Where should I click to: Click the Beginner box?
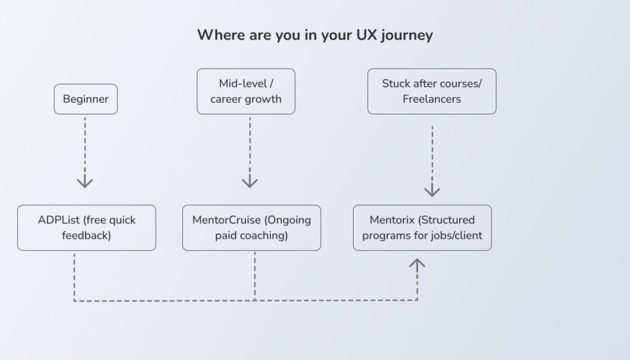[x=86, y=99]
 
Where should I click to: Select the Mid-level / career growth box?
[x=245, y=91]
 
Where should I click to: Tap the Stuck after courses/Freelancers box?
[x=431, y=91]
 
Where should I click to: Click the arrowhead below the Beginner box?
[x=85, y=182]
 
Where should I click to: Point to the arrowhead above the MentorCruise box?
[x=249, y=182]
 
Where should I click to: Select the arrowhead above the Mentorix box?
[x=432, y=191]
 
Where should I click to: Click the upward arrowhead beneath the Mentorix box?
[x=417, y=264]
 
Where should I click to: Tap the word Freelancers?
[x=431, y=99]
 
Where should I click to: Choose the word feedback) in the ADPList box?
[x=86, y=235]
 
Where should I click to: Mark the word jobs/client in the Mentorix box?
[x=456, y=235]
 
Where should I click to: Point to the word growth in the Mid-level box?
[x=264, y=99]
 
